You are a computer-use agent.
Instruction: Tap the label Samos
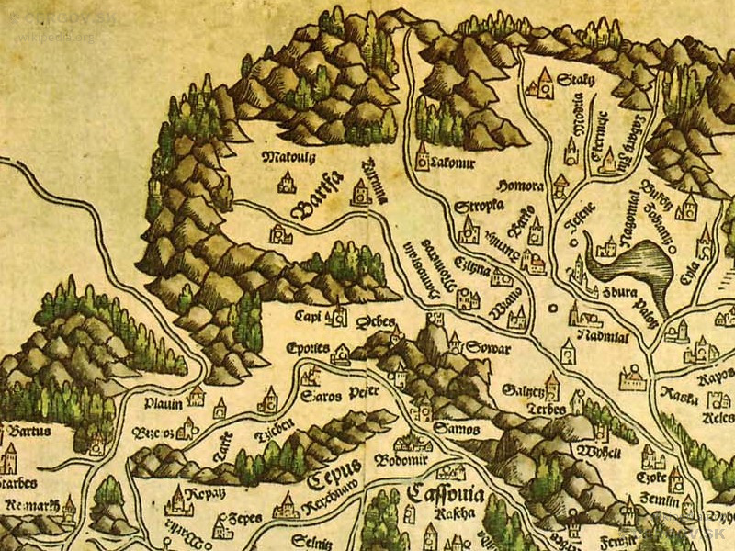tap(451, 427)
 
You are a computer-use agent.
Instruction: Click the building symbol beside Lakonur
tap(424, 155)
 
